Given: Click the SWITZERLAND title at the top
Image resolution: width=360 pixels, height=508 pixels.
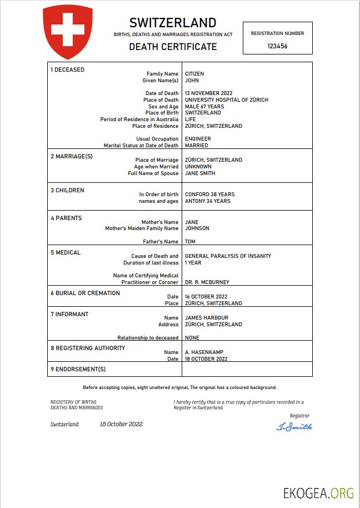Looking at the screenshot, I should [x=173, y=23].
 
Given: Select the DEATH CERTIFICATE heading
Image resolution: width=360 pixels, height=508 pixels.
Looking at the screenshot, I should [x=173, y=47].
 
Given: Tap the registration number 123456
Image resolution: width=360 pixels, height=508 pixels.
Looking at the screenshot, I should [x=277, y=46].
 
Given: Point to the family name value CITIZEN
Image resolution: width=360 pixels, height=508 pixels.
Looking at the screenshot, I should [x=194, y=74].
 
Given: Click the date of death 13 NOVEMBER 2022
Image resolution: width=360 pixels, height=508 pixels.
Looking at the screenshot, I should [x=208, y=93].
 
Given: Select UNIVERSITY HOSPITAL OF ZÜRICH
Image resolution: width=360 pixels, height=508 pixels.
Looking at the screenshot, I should [x=226, y=100].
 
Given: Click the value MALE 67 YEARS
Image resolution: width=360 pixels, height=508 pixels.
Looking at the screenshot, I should [x=204, y=107].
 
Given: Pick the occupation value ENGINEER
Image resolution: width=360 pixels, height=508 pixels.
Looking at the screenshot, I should [x=198, y=139].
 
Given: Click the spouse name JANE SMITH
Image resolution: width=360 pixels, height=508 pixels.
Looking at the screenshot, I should [x=200, y=173].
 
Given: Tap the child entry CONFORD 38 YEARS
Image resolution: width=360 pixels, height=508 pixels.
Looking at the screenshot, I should [x=209, y=195].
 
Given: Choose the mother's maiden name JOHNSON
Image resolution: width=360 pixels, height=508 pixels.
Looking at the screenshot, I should [x=197, y=228].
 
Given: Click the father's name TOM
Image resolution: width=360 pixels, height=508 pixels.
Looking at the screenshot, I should [x=190, y=242].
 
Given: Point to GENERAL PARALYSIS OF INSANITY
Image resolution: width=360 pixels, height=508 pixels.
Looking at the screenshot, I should [x=228, y=256].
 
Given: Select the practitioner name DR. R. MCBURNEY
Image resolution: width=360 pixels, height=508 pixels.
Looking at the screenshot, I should [x=207, y=282].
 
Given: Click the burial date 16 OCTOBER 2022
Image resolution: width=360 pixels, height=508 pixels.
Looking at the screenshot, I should [x=206, y=297].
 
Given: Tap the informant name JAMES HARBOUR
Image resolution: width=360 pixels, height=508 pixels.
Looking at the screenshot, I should [x=206, y=318].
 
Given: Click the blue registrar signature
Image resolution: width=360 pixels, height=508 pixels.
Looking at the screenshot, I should [x=294, y=427].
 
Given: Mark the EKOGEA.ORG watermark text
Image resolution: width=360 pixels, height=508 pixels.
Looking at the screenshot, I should [x=318, y=492].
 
